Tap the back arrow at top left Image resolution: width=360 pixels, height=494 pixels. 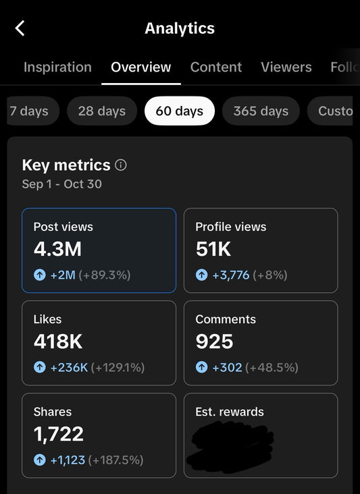[x=20, y=28]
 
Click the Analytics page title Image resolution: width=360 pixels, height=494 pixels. [x=180, y=28]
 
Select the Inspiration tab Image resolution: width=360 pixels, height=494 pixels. [x=57, y=67]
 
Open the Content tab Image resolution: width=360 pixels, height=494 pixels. [x=216, y=67]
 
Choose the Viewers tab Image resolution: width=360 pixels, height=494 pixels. [x=286, y=67]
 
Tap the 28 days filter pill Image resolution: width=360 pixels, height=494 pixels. [x=102, y=111]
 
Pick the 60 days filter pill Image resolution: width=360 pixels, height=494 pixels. [x=179, y=111]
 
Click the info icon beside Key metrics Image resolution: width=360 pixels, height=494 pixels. [x=121, y=165]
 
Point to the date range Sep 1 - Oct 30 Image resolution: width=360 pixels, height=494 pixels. [x=62, y=184]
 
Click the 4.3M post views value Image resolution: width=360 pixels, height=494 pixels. [x=57, y=250]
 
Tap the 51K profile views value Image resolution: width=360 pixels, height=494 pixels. [x=213, y=250]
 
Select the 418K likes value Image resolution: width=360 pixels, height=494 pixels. [x=58, y=342]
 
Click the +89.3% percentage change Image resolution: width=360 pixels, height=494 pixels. [x=105, y=275]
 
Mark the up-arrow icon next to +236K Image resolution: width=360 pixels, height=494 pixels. [x=39, y=368]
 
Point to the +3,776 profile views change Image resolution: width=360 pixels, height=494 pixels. [x=231, y=275]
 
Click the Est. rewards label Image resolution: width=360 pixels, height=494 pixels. [x=230, y=412]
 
